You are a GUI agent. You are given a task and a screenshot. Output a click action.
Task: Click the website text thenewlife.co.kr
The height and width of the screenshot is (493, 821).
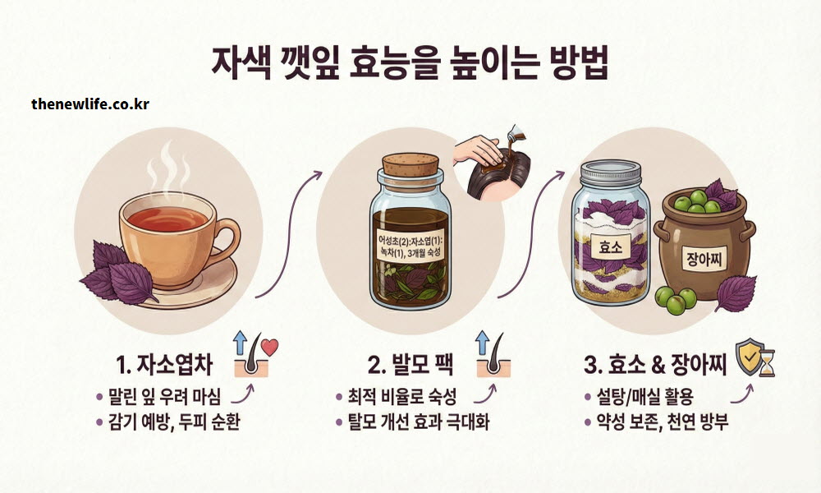(90, 104)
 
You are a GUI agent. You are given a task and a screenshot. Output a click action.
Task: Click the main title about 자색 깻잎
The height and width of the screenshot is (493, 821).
(410, 64)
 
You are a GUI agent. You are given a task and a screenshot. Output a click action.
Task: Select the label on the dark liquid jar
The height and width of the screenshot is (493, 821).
(410, 246)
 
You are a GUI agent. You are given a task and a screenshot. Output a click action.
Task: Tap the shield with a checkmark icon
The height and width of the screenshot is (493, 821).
(748, 356)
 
